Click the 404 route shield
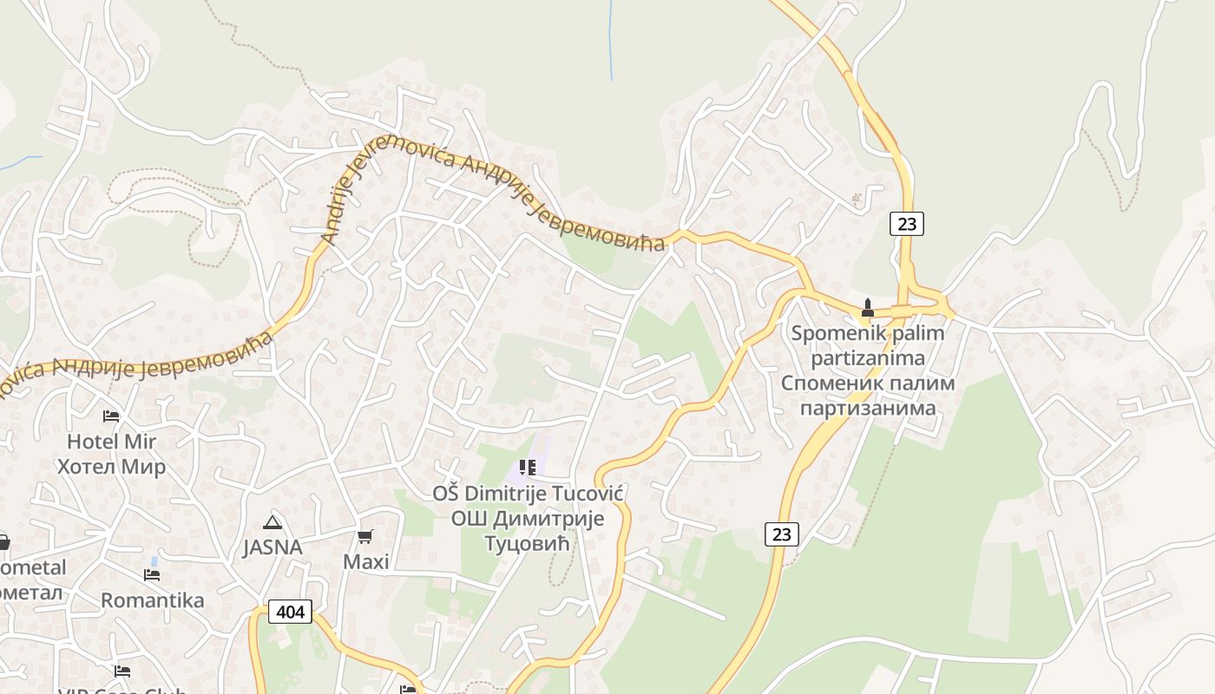tap(290, 612)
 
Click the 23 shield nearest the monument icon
tap(906, 224)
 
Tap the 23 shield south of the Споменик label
tap(781, 534)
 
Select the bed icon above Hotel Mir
tap(110, 416)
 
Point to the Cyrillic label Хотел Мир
tap(111, 467)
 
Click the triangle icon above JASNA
tap(273, 521)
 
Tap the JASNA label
tap(273, 547)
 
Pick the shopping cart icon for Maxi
tap(365, 536)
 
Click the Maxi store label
tap(365, 561)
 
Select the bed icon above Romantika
tap(152, 574)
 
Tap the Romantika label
tap(153, 600)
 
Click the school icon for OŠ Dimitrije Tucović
tap(528, 468)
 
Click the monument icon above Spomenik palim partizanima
tap(866, 308)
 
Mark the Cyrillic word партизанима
tap(867, 408)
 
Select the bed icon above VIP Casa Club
tap(122, 671)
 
